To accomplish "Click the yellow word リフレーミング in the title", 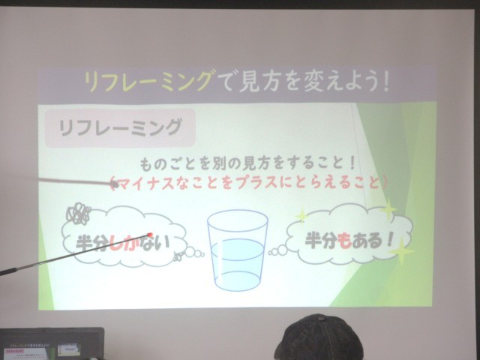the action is click(x=148, y=81).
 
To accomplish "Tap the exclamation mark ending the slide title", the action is click(x=385, y=81).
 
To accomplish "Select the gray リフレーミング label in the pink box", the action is click(x=120, y=127).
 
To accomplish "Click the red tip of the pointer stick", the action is click(x=150, y=235).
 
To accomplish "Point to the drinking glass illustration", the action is click(x=238, y=250).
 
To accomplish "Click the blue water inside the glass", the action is click(x=238, y=264).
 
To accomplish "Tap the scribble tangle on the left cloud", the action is click(x=78, y=213).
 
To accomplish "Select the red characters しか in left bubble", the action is click(x=123, y=243).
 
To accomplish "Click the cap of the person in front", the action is click(x=318, y=338).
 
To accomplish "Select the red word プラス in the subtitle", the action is click(x=258, y=183).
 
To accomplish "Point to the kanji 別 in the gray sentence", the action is click(x=217, y=165).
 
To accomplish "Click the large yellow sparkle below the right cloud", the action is click(x=401, y=251).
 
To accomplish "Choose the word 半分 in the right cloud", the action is click(x=322, y=241).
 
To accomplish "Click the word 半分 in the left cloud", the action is click(x=92, y=243).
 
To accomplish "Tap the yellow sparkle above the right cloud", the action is click(x=388, y=210).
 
